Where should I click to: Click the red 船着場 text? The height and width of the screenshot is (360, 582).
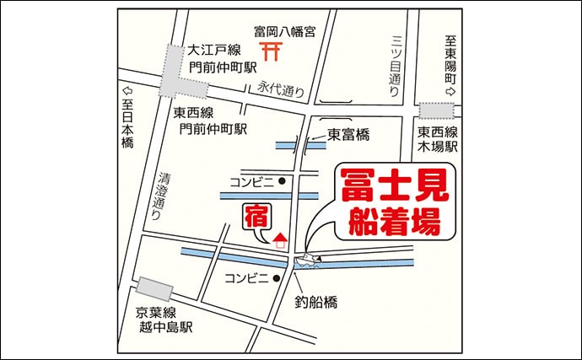pyautogui.click(x=395, y=224)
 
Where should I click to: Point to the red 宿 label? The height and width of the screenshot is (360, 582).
pyautogui.click(x=256, y=217)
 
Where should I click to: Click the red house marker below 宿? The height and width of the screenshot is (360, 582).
pyautogui.click(x=281, y=239)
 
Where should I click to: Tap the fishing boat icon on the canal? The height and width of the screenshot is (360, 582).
pyautogui.click(x=307, y=260)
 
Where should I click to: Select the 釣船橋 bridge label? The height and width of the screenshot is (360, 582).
pyautogui.click(x=316, y=300)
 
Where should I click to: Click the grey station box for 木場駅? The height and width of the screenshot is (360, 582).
pyautogui.click(x=438, y=110)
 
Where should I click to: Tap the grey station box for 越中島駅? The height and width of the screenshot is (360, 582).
pyautogui.click(x=156, y=288)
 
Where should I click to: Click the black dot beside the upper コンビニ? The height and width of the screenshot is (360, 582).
pyautogui.click(x=283, y=180)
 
